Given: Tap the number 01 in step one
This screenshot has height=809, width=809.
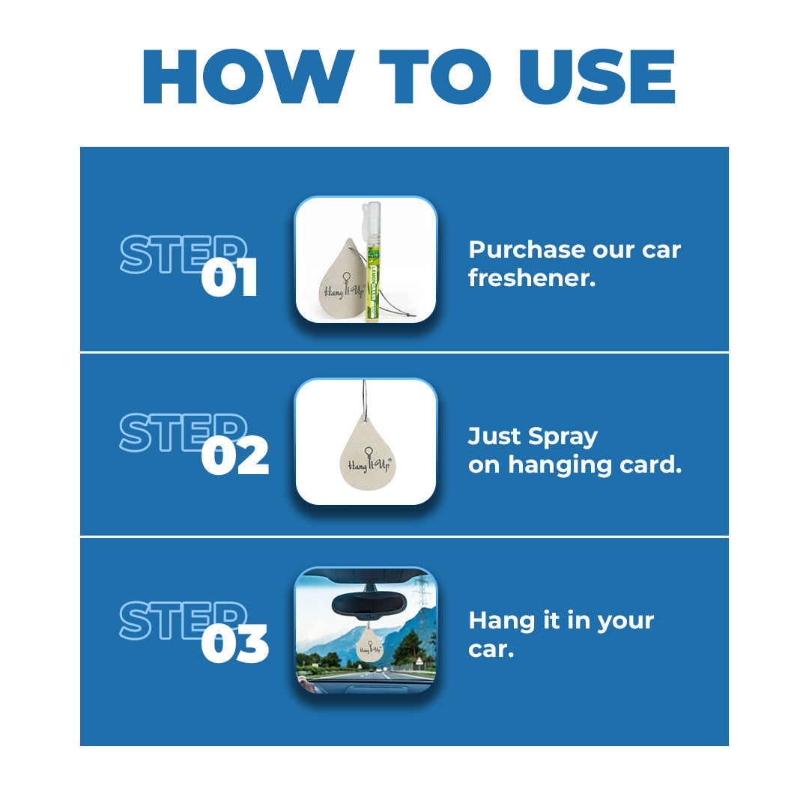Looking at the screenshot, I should [229, 278].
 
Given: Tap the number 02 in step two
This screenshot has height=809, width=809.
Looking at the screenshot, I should [234, 458].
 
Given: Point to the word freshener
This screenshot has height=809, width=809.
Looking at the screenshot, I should [532, 279].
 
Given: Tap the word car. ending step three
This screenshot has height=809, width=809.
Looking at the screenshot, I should [491, 649].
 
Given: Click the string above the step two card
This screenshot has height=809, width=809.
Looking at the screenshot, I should [365, 397].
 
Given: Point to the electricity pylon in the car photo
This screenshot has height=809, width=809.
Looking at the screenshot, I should [422, 592].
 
